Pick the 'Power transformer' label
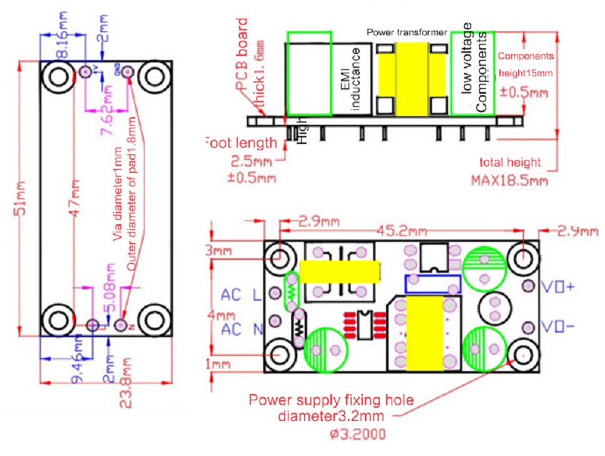407,31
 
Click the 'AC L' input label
240,294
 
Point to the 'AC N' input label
240,329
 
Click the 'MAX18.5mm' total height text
509,181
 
